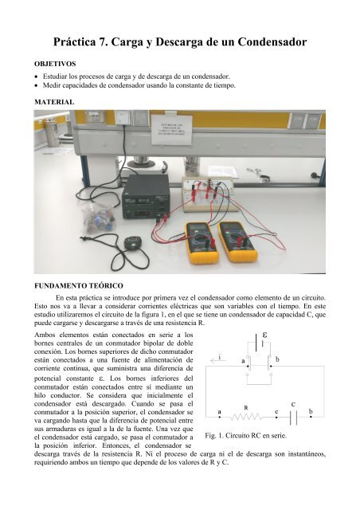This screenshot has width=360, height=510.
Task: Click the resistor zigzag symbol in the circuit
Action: pyautogui.click(x=248, y=418)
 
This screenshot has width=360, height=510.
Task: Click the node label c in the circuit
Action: pyautogui.click(x=276, y=411)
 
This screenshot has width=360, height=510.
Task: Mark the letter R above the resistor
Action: pyautogui.click(x=246, y=408)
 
